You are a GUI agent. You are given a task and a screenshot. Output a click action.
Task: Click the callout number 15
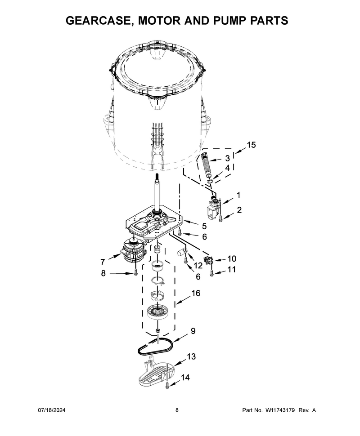[x=251, y=145]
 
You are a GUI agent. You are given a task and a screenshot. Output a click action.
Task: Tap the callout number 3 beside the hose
[x=227, y=158]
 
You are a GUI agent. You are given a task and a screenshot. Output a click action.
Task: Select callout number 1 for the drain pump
[x=238, y=195]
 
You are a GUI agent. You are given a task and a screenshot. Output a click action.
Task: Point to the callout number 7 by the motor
[x=103, y=262]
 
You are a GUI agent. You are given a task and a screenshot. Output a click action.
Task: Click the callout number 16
[x=196, y=293]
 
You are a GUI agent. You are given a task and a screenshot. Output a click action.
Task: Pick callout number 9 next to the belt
[x=193, y=331]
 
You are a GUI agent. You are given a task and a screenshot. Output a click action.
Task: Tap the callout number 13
[x=191, y=356]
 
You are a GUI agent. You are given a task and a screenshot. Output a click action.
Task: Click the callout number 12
[x=198, y=266]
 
